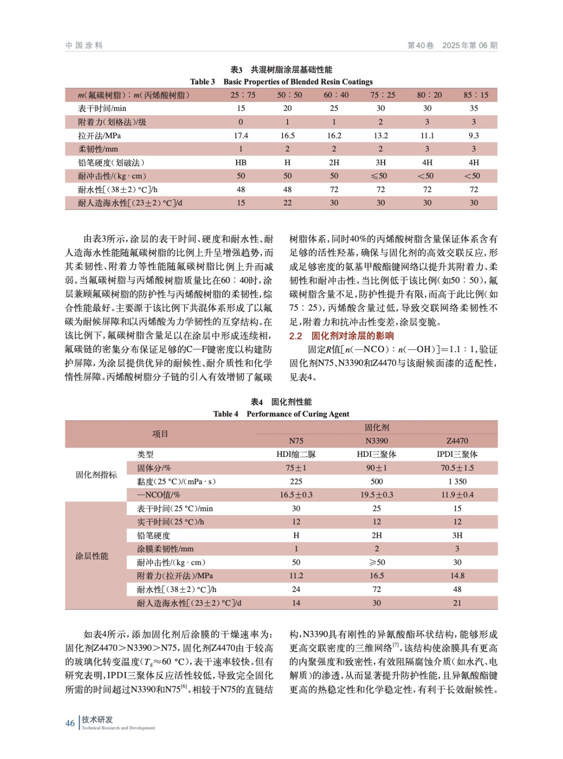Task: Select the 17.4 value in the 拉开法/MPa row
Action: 241,136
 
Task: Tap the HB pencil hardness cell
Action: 241,163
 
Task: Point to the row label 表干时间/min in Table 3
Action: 102,109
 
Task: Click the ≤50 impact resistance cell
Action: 380,176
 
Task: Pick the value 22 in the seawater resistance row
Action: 287,203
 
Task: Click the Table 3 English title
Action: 281,82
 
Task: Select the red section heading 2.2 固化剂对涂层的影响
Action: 341,336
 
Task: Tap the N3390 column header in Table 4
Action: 377,441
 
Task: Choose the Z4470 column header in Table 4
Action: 457,441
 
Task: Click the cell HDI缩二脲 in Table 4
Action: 296,454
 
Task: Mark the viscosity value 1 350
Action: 457,481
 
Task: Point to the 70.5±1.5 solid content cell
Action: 457,468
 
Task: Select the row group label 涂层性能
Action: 92,556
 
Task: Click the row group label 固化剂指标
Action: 96,475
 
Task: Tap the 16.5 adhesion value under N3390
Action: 377,576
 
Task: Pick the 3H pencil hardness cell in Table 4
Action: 457,536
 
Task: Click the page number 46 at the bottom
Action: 70,723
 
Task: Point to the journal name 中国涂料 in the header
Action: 84,46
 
